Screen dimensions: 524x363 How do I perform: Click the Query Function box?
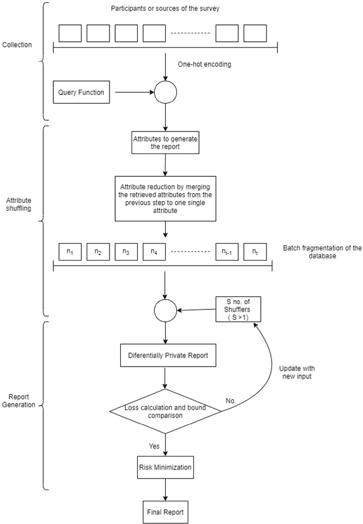point(81,92)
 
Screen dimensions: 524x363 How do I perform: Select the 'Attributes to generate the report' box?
point(165,142)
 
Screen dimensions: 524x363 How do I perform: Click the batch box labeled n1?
point(70,251)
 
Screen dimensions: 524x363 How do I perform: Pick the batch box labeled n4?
point(154,251)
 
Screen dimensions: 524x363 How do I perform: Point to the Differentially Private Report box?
point(165,356)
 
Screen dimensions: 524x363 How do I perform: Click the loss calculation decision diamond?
point(165,411)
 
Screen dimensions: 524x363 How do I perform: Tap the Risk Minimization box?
point(165,467)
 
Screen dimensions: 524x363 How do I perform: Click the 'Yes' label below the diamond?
point(154,446)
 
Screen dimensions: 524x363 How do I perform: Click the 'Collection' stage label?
point(18,45)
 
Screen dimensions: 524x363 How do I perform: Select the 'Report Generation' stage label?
point(20,401)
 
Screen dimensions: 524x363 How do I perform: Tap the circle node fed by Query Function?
point(166,92)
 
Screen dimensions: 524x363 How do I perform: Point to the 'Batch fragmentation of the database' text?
point(322,252)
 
